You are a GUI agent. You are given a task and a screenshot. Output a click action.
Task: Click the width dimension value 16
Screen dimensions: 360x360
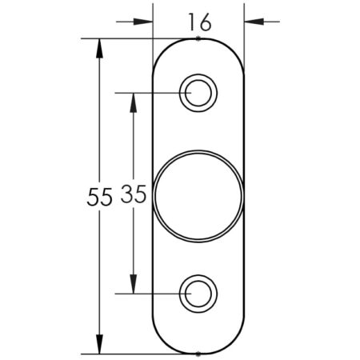tap(198, 22)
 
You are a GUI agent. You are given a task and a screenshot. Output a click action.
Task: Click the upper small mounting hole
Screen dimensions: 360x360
tap(198, 93)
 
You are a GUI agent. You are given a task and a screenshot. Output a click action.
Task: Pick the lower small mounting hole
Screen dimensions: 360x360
tap(198, 294)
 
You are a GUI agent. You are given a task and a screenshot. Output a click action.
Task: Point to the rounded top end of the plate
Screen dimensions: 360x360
tap(198, 38)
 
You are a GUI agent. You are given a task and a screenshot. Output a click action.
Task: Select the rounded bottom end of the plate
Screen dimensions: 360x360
tap(198, 351)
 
